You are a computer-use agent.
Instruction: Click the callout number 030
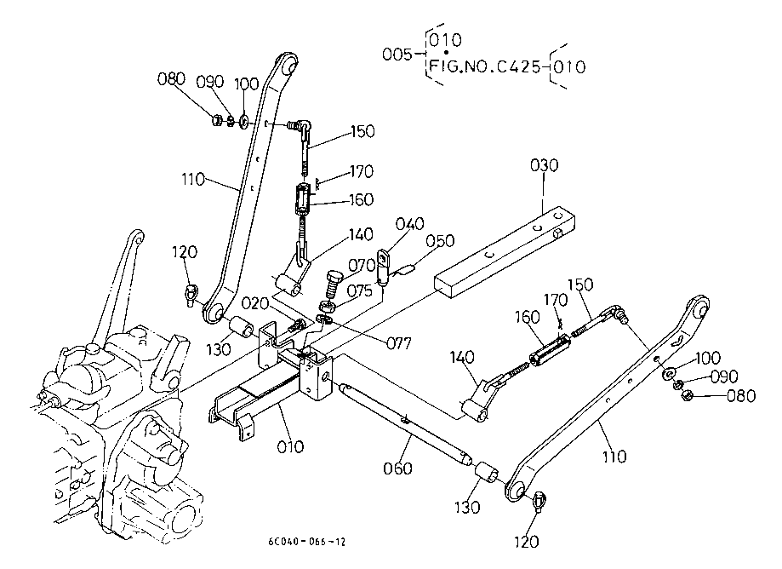544,165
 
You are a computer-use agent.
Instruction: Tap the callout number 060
397,468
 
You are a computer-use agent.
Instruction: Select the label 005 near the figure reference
397,54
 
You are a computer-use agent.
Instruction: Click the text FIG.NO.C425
484,66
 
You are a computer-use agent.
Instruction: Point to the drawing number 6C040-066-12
306,542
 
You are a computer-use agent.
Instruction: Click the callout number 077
399,343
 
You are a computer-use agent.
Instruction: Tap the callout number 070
362,265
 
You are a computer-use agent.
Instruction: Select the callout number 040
410,224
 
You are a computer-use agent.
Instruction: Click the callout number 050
440,240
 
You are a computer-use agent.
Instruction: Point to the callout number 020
256,303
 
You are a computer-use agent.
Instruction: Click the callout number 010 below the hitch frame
290,446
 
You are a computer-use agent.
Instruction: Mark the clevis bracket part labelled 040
384,267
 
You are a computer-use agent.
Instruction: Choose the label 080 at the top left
171,79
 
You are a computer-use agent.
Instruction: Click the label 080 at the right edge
741,396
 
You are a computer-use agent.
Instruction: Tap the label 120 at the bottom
527,542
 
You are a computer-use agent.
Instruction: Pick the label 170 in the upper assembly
362,172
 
